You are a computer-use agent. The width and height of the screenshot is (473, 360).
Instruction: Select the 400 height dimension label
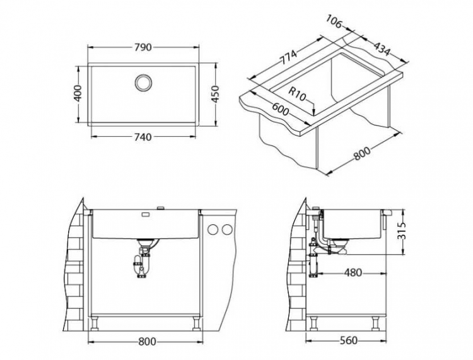tap(78, 95)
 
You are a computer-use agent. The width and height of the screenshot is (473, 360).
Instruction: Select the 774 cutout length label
tap(288, 59)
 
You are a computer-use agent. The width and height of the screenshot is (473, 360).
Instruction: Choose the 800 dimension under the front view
tap(146, 341)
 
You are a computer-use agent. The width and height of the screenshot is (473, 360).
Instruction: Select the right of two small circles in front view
tap(225, 230)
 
